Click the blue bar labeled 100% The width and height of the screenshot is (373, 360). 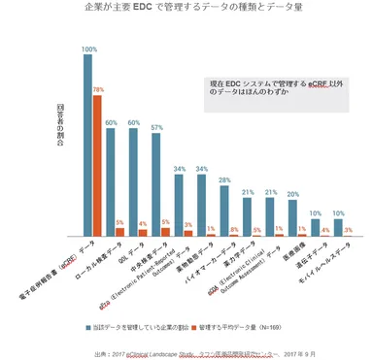[87, 146]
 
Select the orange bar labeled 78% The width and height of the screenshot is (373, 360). [97, 165]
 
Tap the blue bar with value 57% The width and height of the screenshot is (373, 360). [156, 184]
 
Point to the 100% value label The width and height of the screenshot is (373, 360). [88, 49]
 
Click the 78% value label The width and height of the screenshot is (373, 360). [98, 89]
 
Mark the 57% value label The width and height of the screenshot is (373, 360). [156, 127]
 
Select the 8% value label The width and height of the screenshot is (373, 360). [234, 230]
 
